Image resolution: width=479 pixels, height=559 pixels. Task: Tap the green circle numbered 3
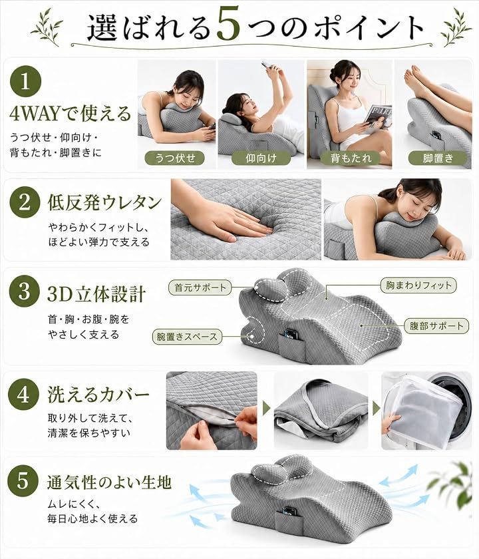[24, 291]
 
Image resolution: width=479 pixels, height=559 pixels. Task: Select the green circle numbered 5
[22, 480]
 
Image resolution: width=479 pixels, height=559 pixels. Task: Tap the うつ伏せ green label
[174, 158]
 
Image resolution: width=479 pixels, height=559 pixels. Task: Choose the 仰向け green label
[261, 158]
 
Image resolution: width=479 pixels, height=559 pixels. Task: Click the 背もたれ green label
[351, 158]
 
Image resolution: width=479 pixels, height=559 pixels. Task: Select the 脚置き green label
[438, 158]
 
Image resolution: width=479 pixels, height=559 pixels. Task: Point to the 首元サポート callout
[200, 287]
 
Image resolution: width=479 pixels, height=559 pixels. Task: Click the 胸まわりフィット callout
[418, 285]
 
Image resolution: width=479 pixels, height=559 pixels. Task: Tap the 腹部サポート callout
[436, 325]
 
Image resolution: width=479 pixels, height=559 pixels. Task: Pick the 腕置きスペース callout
[187, 337]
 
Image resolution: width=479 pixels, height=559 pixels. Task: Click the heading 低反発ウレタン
[104, 202]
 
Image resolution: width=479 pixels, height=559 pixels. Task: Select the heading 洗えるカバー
[98, 394]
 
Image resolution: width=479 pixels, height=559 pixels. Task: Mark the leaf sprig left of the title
[47, 27]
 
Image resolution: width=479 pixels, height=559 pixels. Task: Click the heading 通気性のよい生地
[109, 482]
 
